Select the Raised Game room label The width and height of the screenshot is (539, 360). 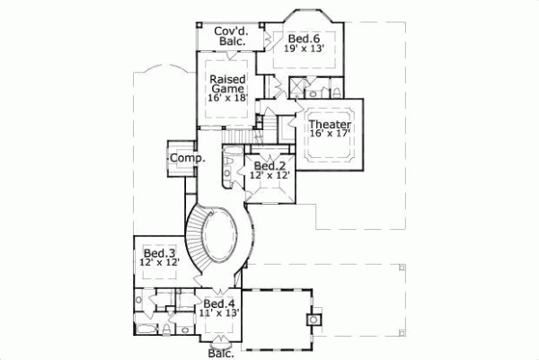tap(227, 84)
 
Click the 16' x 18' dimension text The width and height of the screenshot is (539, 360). tap(227, 97)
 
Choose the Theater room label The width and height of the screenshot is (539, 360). tap(329, 123)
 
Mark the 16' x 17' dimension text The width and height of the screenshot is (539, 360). tap(329, 134)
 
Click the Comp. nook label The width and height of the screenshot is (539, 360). tap(188, 158)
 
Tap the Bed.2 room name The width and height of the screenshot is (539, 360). tap(269, 166)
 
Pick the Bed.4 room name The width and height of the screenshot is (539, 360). tap(219, 303)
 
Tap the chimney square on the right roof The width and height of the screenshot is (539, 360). tap(315, 319)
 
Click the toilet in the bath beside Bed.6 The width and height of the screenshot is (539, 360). tap(329, 90)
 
